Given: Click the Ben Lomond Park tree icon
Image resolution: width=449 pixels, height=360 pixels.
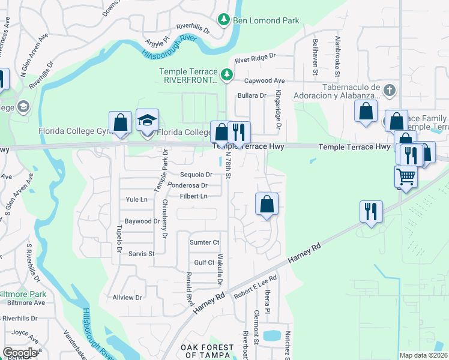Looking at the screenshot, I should pyautogui.click(x=224, y=20).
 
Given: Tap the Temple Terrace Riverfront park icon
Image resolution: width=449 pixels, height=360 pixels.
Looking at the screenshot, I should pyautogui.click(x=227, y=75).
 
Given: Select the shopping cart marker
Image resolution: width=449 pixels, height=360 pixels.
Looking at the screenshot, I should pyautogui.click(x=406, y=177).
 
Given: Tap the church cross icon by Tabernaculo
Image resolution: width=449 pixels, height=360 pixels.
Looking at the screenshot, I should pyautogui.click(x=390, y=91).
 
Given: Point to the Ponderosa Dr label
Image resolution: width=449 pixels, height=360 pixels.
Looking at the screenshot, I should pyautogui.click(x=187, y=185).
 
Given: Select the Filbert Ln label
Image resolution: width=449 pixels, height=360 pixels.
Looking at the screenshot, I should pyautogui.click(x=195, y=196).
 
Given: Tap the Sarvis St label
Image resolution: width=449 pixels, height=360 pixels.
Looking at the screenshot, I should pyautogui.click(x=142, y=254).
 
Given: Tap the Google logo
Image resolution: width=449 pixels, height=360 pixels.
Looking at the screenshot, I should pyautogui.click(x=20, y=353).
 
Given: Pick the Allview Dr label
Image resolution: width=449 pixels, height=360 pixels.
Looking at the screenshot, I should pyautogui.click(x=127, y=297).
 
